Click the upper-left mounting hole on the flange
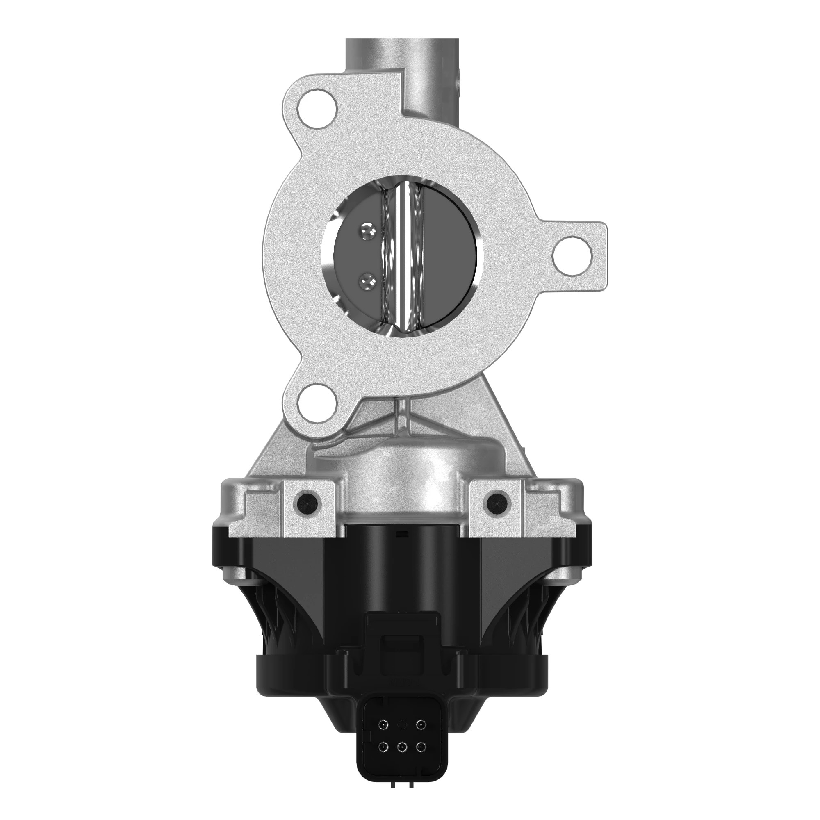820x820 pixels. click(x=317, y=108)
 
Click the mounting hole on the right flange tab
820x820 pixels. click(x=573, y=256)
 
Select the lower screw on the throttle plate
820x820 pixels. click(x=366, y=280)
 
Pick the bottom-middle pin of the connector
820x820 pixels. click(x=401, y=745)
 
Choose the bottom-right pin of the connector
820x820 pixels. click(x=420, y=745)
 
